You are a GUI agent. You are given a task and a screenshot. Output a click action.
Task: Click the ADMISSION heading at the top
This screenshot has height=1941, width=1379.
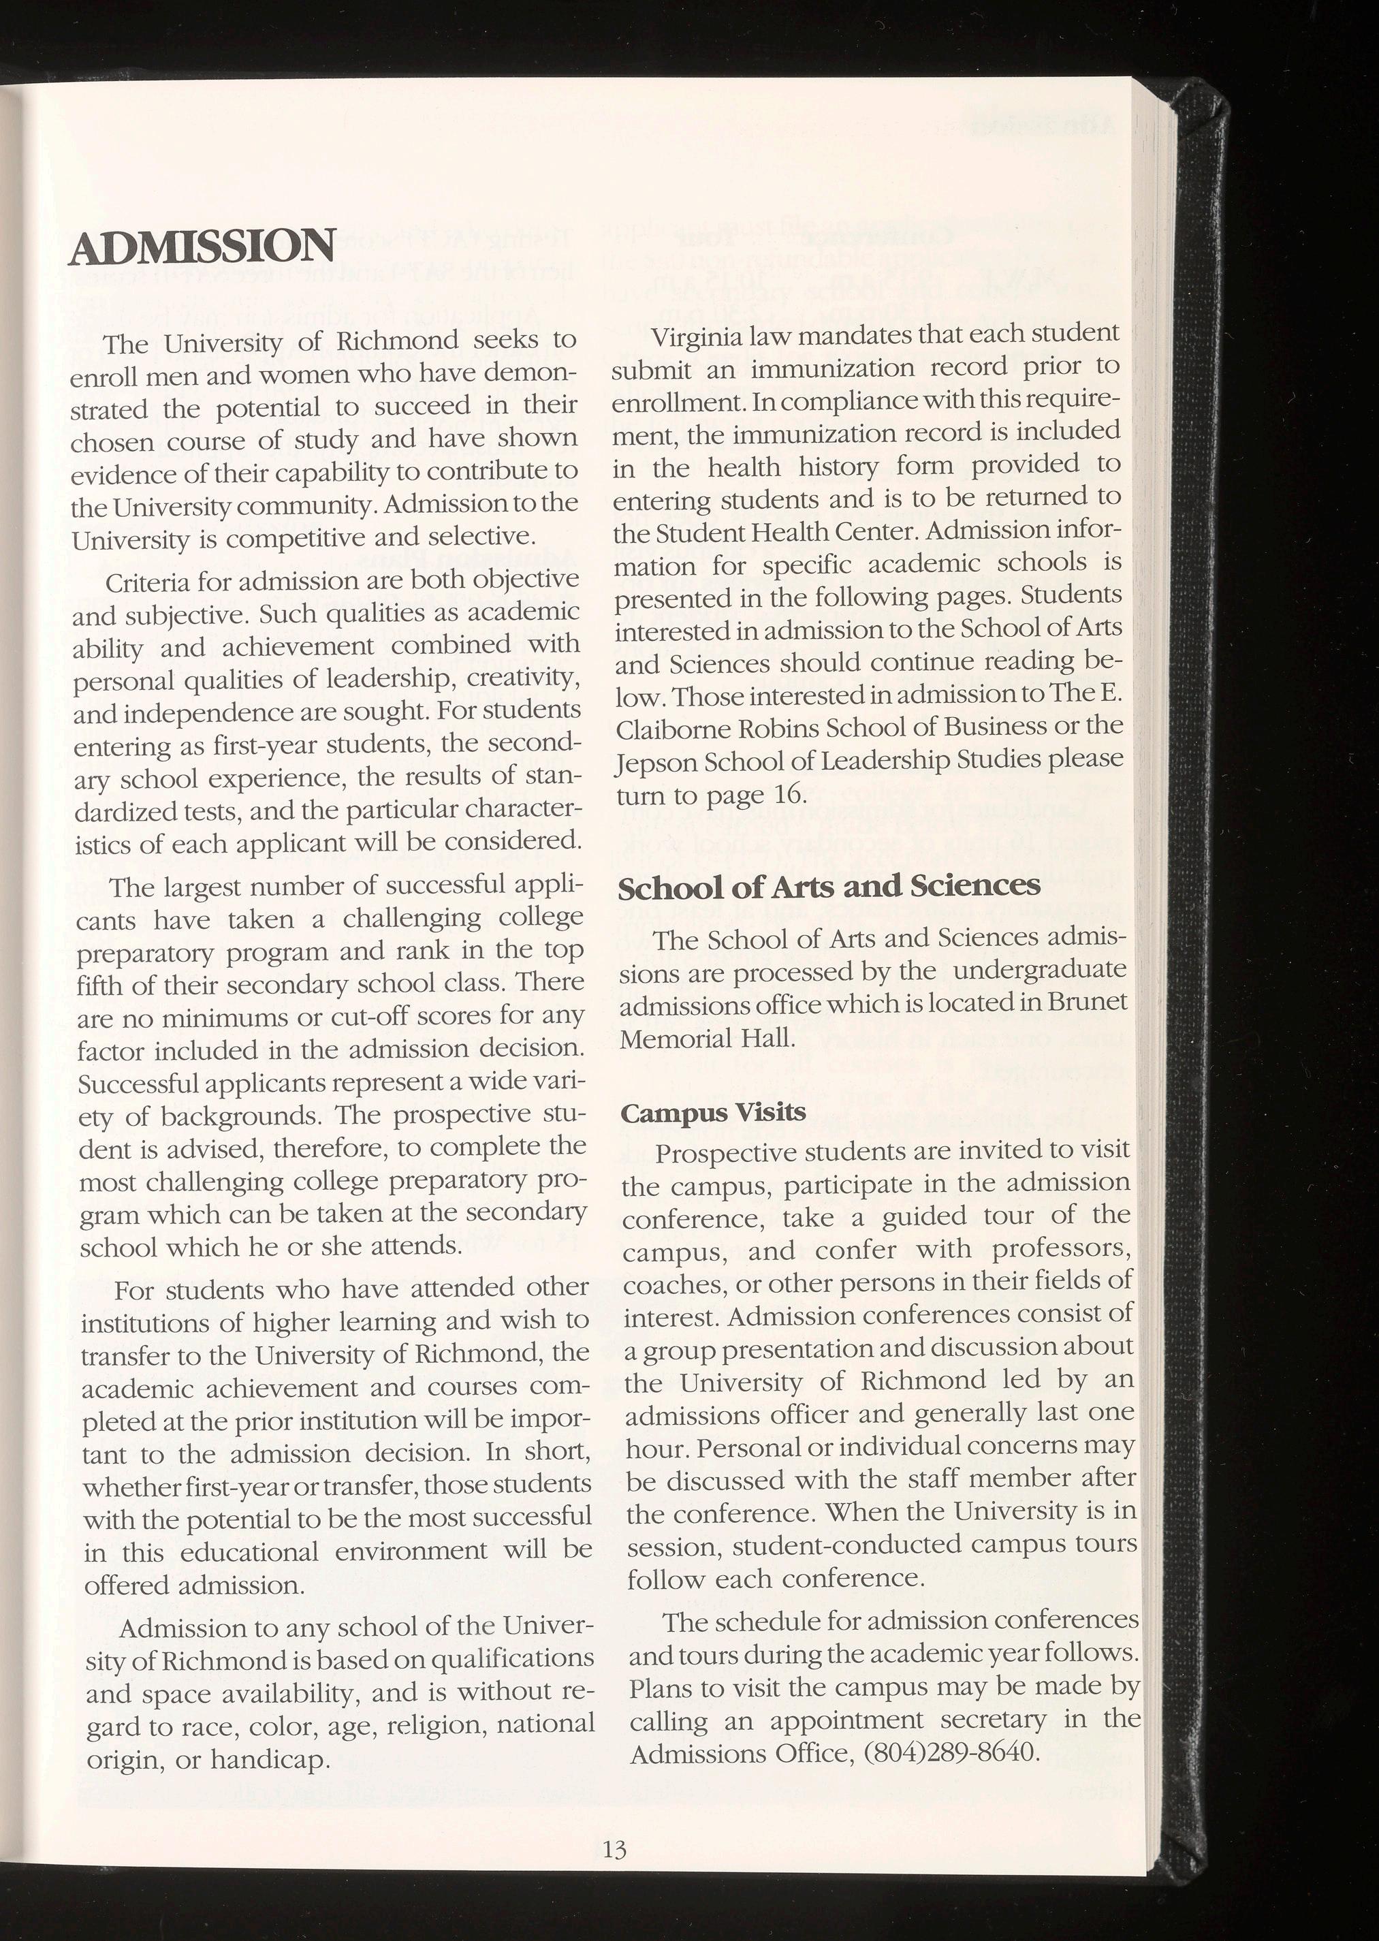203,247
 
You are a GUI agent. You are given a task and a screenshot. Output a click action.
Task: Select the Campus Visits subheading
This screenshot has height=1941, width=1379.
712,1111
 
